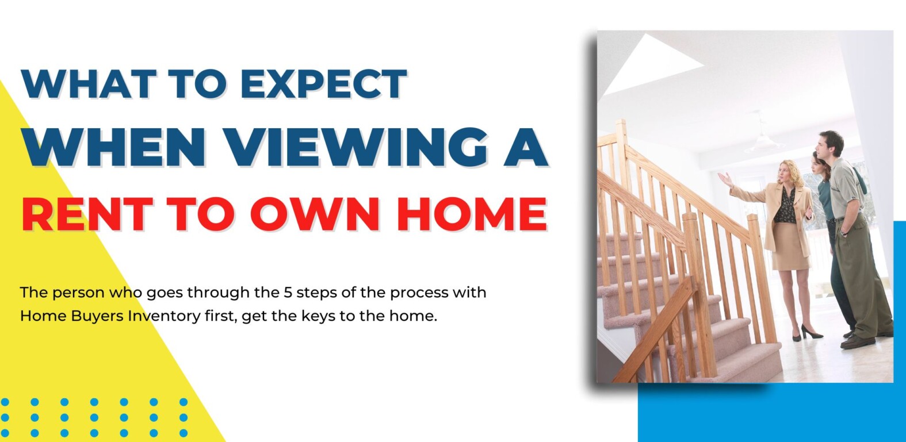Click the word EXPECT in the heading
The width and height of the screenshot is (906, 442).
click(324, 84)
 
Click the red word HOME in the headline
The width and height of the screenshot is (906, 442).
click(472, 214)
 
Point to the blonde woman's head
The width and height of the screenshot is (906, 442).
click(787, 171)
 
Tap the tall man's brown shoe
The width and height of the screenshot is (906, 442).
click(857, 342)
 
